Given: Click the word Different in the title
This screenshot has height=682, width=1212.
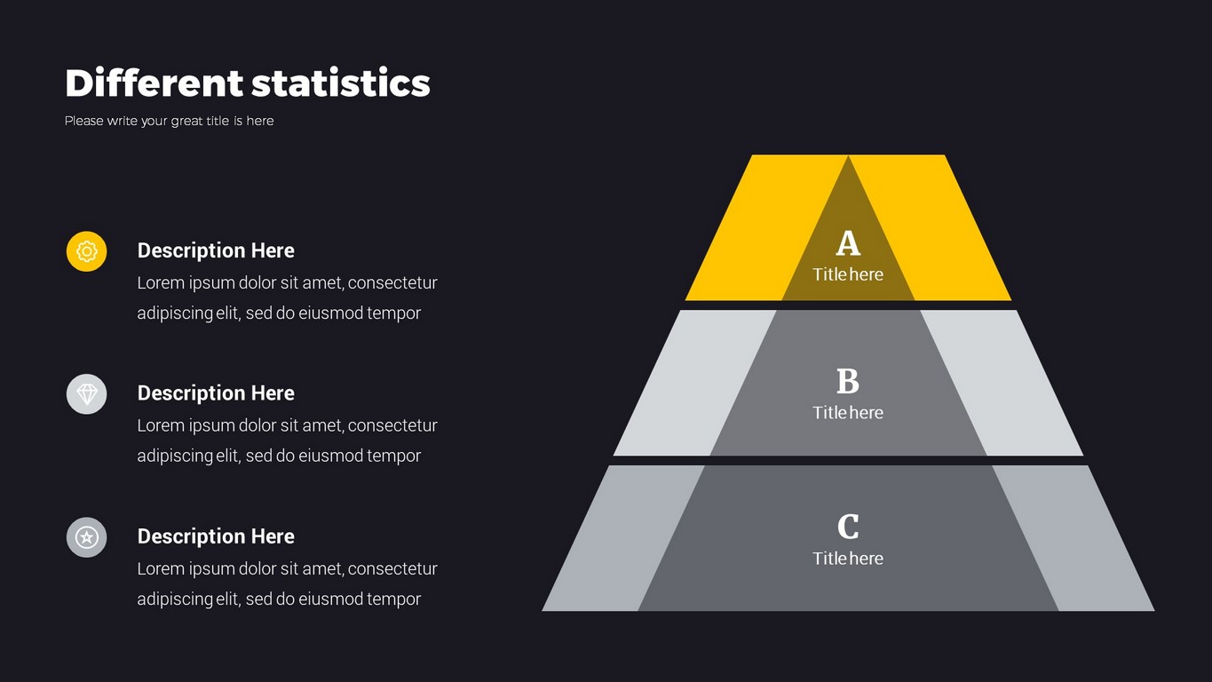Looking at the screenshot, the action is (x=154, y=83).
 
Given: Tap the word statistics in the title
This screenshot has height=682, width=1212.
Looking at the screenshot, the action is (x=341, y=83).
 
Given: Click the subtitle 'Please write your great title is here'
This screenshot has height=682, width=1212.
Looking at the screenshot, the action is (x=169, y=121).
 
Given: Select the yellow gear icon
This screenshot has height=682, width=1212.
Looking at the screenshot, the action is (x=87, y=251).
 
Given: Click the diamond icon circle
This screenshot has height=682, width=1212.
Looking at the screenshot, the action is (x=87, y=394).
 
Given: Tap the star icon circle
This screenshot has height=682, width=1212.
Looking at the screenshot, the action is (x=87, y=537).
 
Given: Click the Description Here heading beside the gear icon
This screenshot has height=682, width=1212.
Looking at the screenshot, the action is (x=216, y=250).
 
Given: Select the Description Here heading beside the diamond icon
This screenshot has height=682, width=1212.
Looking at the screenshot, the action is (x=216, y=393).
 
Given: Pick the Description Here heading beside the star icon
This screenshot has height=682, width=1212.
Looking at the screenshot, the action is (x=216, y=536).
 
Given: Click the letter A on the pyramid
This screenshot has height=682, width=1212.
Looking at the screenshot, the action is (x=848, y=243).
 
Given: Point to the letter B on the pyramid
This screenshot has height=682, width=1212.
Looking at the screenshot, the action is (x=848, y=381).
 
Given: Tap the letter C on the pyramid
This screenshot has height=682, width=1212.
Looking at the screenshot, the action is (x=848, y=526).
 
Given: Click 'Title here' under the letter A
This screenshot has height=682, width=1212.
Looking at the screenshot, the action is (x=848, y=274).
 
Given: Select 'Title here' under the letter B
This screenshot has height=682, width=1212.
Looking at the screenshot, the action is (x=848, y=412).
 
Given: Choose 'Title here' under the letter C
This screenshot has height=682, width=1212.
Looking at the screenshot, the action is (x=848, y=558).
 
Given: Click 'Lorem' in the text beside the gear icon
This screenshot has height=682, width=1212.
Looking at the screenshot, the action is (x=161, y=282).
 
